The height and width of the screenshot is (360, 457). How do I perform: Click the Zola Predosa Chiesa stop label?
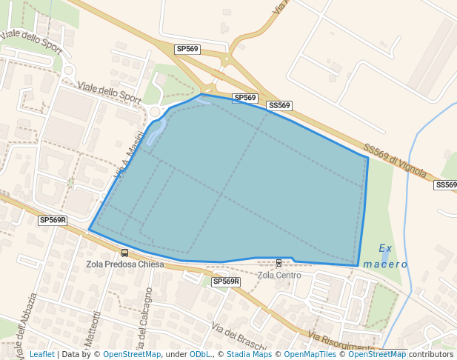coord(124,264)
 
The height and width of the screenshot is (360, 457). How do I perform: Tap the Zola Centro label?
coord(279,276)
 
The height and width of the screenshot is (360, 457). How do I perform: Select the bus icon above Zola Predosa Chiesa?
coord(124,253)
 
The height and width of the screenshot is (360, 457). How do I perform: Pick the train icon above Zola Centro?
coord(278,263)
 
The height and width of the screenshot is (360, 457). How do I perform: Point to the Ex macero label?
coord(385,256)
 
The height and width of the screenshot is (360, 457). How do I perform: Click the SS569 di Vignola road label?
coord(395,161)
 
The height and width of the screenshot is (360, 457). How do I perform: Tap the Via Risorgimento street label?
coord(341,343)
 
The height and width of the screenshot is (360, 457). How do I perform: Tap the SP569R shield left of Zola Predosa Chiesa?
coord(53,220)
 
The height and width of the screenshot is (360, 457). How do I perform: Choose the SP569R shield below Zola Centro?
coord(226,281)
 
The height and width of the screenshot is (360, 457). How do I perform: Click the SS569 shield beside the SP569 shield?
coord(279,106)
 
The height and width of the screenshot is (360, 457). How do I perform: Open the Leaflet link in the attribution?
coord(41,354)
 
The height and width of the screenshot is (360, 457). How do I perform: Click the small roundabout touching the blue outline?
coord(155,112)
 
